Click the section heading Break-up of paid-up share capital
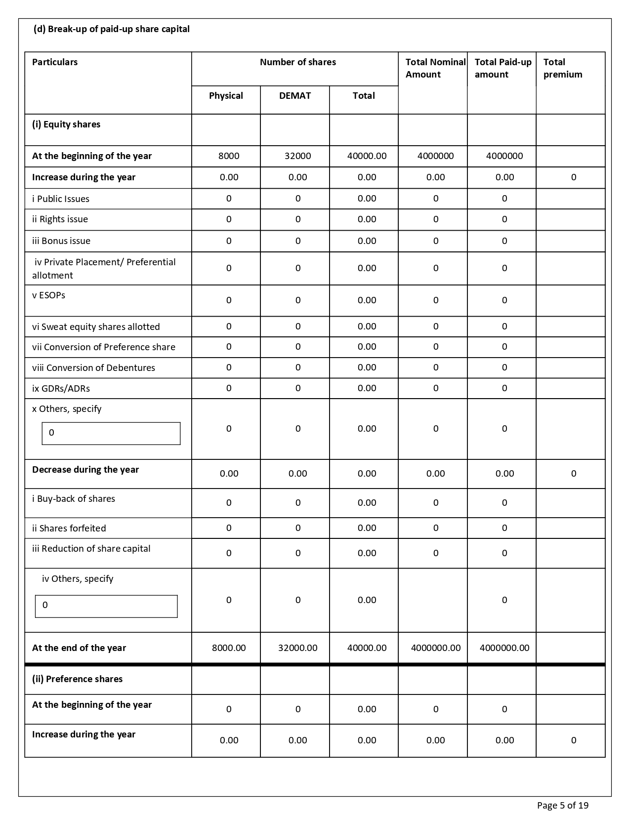[x=111, y=29]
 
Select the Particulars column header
[x=55, y=62]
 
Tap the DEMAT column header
[x=295, y=96]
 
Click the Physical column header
[x=226, y=96]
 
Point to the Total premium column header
[x=563, y=68]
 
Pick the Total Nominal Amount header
[x=435, y=68]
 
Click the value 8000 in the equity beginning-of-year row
[x=229, y=156]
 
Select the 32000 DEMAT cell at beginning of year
[x=298, y=156]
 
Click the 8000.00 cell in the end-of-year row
[x=229, y=648]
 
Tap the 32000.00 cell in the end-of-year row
[x=298, y=648]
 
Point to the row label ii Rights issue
[x=60, y=219]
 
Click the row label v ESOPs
[x=48, y=295]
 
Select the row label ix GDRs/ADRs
[x=61, y=389]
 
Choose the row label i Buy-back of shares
[x=74, y=499]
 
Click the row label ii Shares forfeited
[x=69, y=529]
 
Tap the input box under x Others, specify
[x=111, y=434]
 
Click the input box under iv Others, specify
[x=106, y=606]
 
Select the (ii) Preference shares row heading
[x=77, y=679]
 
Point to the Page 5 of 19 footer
[x=562, y=806]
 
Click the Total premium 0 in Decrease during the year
[x=574, y=474]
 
